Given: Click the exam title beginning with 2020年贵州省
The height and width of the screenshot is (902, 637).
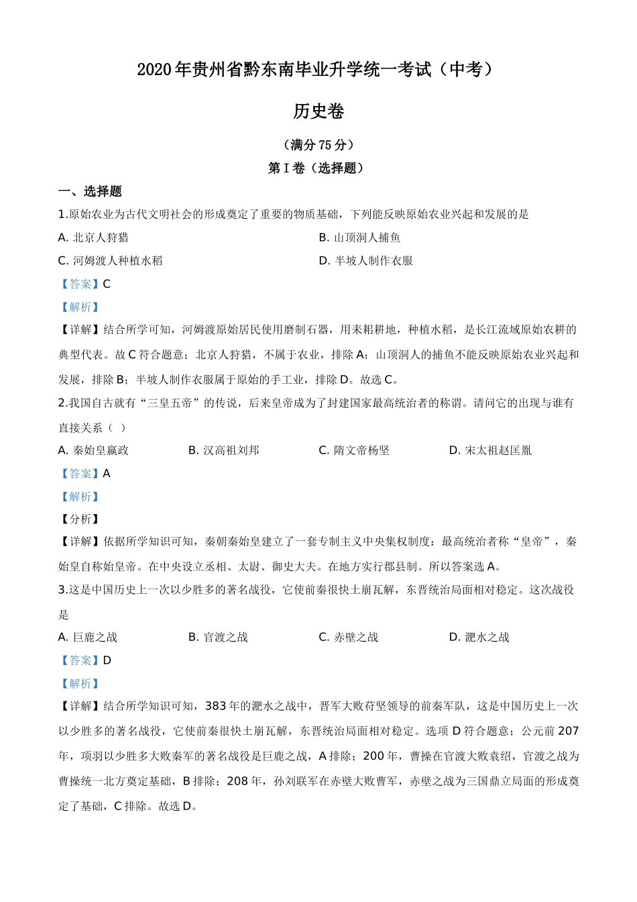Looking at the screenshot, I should (318, 70).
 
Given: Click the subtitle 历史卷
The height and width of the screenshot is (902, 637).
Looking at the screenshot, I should (318, 111).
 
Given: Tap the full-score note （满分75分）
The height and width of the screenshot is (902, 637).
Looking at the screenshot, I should (318, 145).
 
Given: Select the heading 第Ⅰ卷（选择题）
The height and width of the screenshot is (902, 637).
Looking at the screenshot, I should (318, 168).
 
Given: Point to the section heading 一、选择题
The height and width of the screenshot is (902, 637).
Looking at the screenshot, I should (90, 192).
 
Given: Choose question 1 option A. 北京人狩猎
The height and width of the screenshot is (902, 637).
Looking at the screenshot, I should (93, 238).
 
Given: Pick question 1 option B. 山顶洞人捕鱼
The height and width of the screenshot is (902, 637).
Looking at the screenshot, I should (359, 238).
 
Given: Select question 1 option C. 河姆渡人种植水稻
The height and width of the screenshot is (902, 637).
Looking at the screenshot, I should (111, 261).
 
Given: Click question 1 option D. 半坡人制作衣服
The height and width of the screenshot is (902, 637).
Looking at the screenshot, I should (365, 261).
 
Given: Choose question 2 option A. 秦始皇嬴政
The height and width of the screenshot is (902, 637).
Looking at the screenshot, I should (93, 450).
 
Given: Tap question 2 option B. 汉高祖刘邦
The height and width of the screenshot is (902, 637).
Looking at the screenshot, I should (223, 450).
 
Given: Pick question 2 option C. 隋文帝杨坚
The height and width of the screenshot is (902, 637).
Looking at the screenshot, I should (354, 450).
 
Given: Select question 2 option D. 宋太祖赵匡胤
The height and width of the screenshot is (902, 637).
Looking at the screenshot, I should (490, 450).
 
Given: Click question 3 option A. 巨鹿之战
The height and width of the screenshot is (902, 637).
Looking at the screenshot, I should (88, 638).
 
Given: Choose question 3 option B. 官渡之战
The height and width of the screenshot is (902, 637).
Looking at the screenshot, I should (218, 638).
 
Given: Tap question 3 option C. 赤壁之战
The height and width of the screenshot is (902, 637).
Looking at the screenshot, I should (348, 638).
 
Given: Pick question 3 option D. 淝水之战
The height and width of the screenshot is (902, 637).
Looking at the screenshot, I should (479, 638).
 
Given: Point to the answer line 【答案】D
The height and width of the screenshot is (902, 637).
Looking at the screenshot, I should (85, 660).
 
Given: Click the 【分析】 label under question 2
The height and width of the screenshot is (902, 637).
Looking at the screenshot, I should (80, 519).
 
